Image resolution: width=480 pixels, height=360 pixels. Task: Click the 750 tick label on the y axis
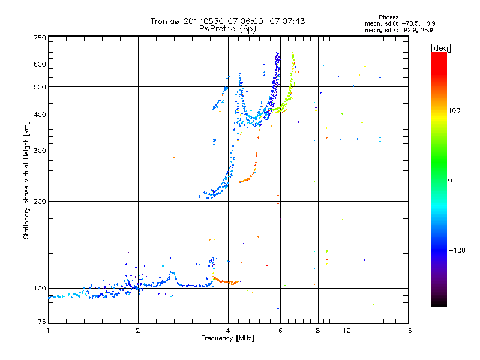click(x=40, y=38)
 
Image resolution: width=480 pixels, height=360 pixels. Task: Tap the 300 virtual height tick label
click(x=40, y=151)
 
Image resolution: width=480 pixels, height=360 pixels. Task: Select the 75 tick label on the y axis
click(x=41, y=323)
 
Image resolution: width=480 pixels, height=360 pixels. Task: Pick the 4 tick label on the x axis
click(x=228, y=330)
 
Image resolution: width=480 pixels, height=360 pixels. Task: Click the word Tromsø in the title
click(x=166, y=21)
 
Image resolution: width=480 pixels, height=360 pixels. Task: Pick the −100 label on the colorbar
click(x=457, y=250)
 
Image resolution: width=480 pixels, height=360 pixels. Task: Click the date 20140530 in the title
click(x=203, y=21)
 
